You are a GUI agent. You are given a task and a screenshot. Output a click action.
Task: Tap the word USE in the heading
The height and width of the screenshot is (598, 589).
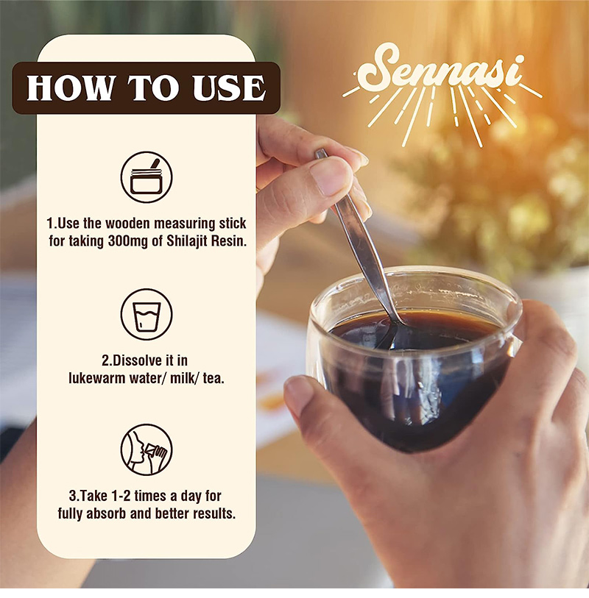[229, 88]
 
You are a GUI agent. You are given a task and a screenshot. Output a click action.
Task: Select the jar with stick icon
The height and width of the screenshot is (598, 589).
[147, 177]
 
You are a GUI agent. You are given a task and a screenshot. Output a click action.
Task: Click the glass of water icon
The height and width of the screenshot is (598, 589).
[147, 315]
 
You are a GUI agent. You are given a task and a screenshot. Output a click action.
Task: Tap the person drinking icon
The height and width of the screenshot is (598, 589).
[147, 449]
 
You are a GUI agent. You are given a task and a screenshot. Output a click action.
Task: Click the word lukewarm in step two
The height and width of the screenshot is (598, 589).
[97, 378]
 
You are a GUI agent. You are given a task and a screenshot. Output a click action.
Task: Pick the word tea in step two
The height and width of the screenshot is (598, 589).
[214, 379]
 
